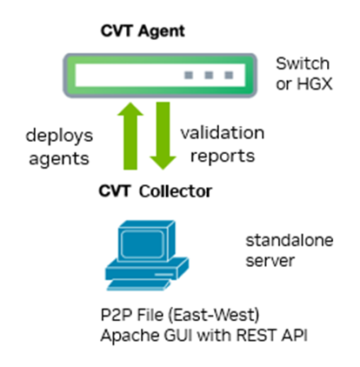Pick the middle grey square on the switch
210,76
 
